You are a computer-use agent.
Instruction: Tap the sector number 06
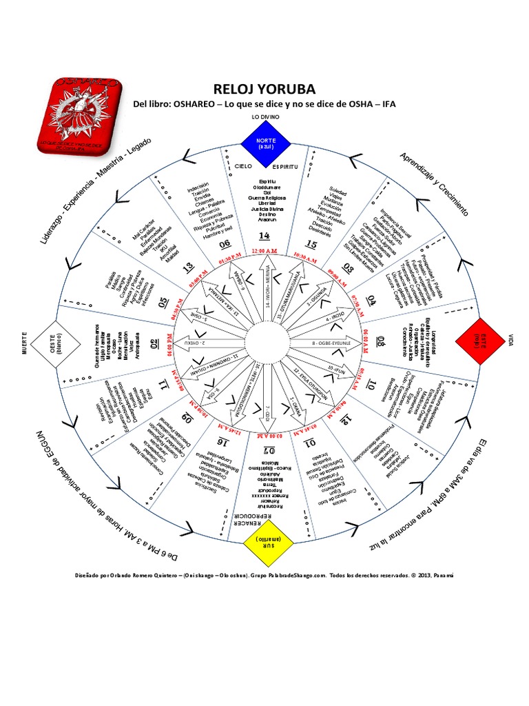225,243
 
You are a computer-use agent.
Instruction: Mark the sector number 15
310,244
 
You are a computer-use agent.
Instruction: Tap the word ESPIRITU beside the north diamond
285,168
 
